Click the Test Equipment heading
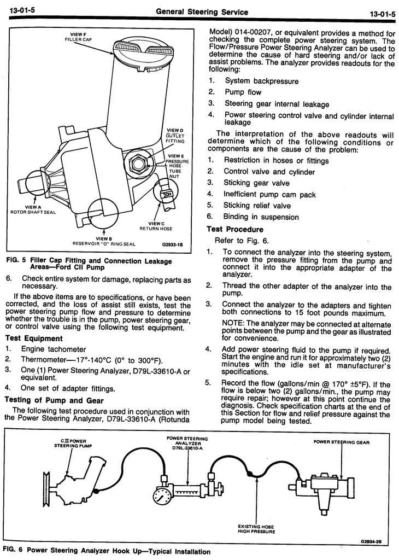point(34,339)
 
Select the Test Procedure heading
point(235,229)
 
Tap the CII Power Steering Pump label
point(70,443)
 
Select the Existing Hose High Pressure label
point(257,528)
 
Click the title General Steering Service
point(202,11)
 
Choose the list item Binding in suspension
point(261,217)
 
